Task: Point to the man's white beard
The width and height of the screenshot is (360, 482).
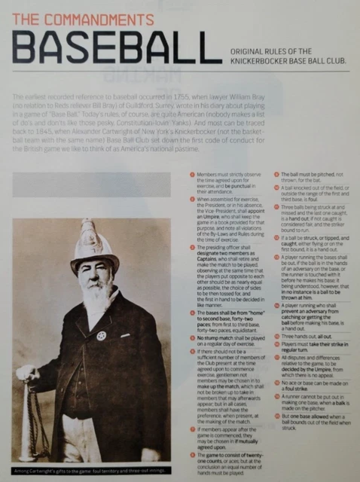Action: point(85,306)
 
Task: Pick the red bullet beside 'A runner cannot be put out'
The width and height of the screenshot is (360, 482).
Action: point(276,403)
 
